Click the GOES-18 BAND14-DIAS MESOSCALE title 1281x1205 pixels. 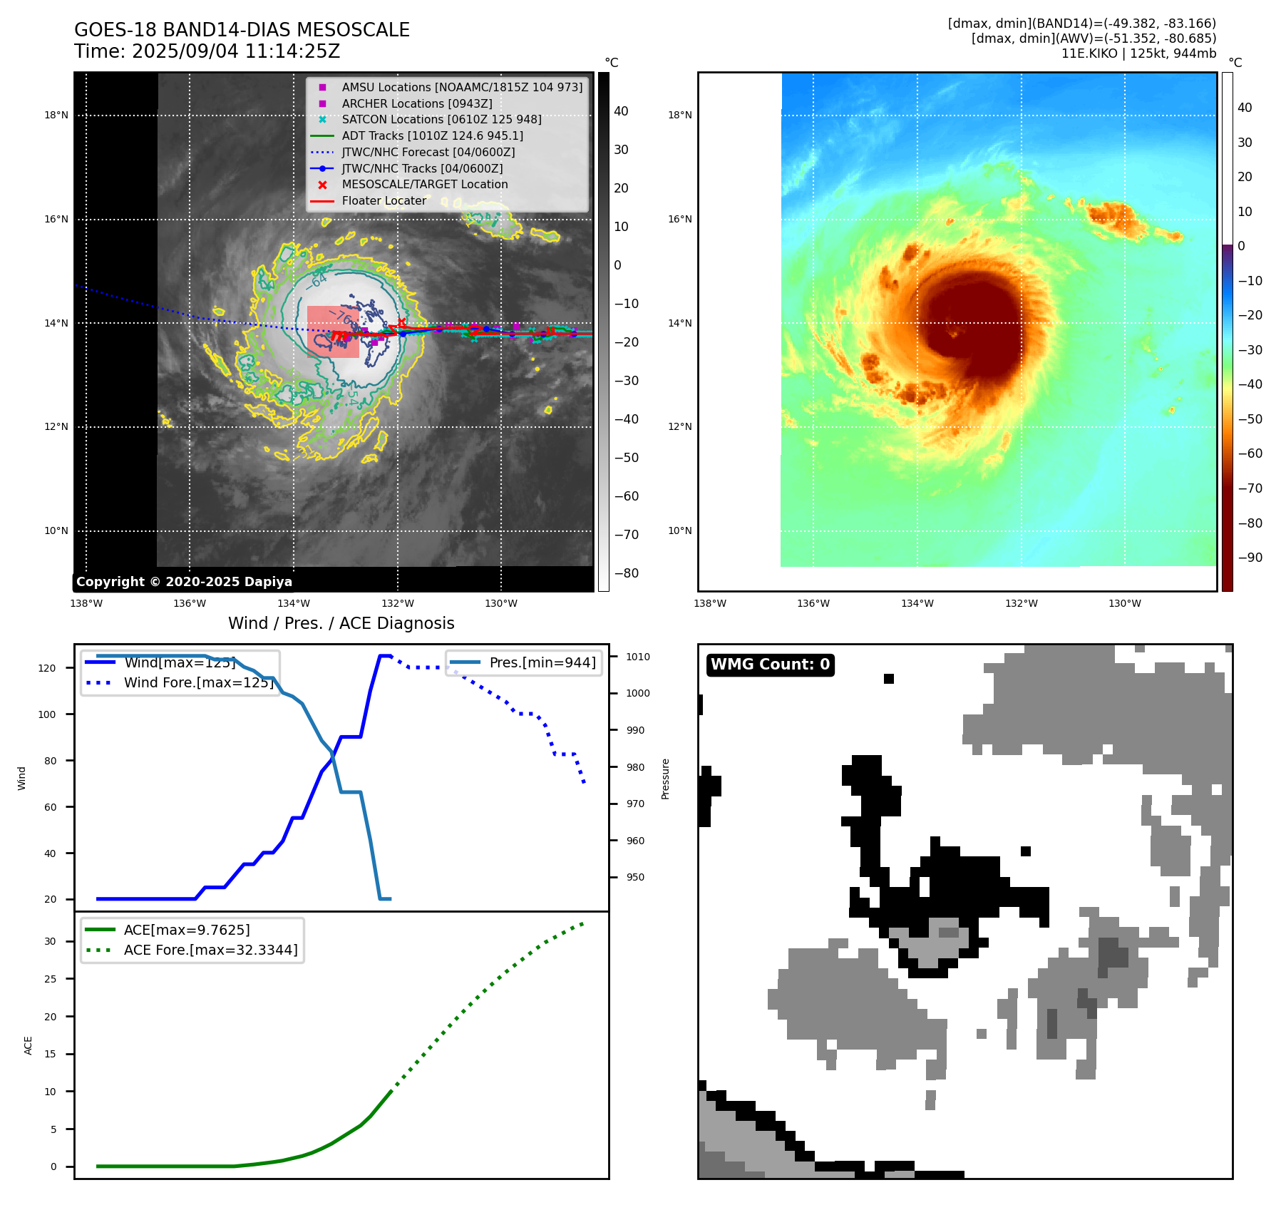(242, 30)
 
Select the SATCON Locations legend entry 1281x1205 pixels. (441, 120)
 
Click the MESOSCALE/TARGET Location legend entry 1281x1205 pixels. (424, 185)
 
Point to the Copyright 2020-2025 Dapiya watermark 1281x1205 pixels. (184, 582)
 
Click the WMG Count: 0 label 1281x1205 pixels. (770, 665)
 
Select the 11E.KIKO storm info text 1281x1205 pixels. (1138, 53)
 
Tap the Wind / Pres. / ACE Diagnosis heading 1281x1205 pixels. (341, 623)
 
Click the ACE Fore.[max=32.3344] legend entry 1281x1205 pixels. (210, 950)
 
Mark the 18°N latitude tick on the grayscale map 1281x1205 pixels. (56, 116)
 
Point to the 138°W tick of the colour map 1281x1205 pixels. (710, 604)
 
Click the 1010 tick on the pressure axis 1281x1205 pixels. (638, 657)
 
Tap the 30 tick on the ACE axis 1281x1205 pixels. (50, 941)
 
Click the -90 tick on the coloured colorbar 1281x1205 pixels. (1250, 558)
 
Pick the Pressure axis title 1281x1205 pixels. (665, 779)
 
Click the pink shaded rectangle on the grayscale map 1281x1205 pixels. (333, 332)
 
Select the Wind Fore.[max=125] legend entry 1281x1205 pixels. (198, 682)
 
